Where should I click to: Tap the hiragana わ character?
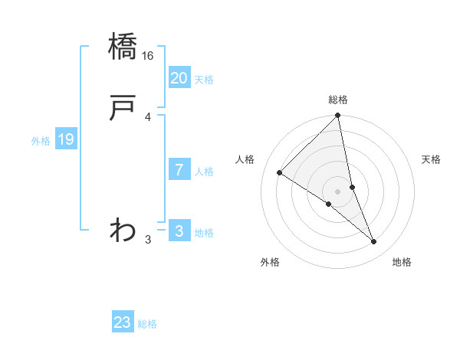tap(123, 229)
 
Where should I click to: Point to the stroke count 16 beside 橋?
tap(148, 56)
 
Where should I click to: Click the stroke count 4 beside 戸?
tap(148, 117)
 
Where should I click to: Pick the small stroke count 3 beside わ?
tap(148, 240)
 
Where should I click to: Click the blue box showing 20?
tap(179, 78)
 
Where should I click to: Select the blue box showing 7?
tap(179, 170)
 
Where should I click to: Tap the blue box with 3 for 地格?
tap(179, 231)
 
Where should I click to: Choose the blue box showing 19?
tap(66, 139)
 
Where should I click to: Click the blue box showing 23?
tap(123, 322)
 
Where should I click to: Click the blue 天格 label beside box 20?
tap(204, 80)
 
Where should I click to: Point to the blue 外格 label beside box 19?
tap(41, 141)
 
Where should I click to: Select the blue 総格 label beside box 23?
tap(147, 324)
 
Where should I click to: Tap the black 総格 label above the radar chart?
tap(338, 100)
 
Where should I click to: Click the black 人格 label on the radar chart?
tap(245, 159)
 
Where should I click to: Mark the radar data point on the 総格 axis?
tap(338, 116)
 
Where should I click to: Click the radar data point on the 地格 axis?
tap(374, 241)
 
